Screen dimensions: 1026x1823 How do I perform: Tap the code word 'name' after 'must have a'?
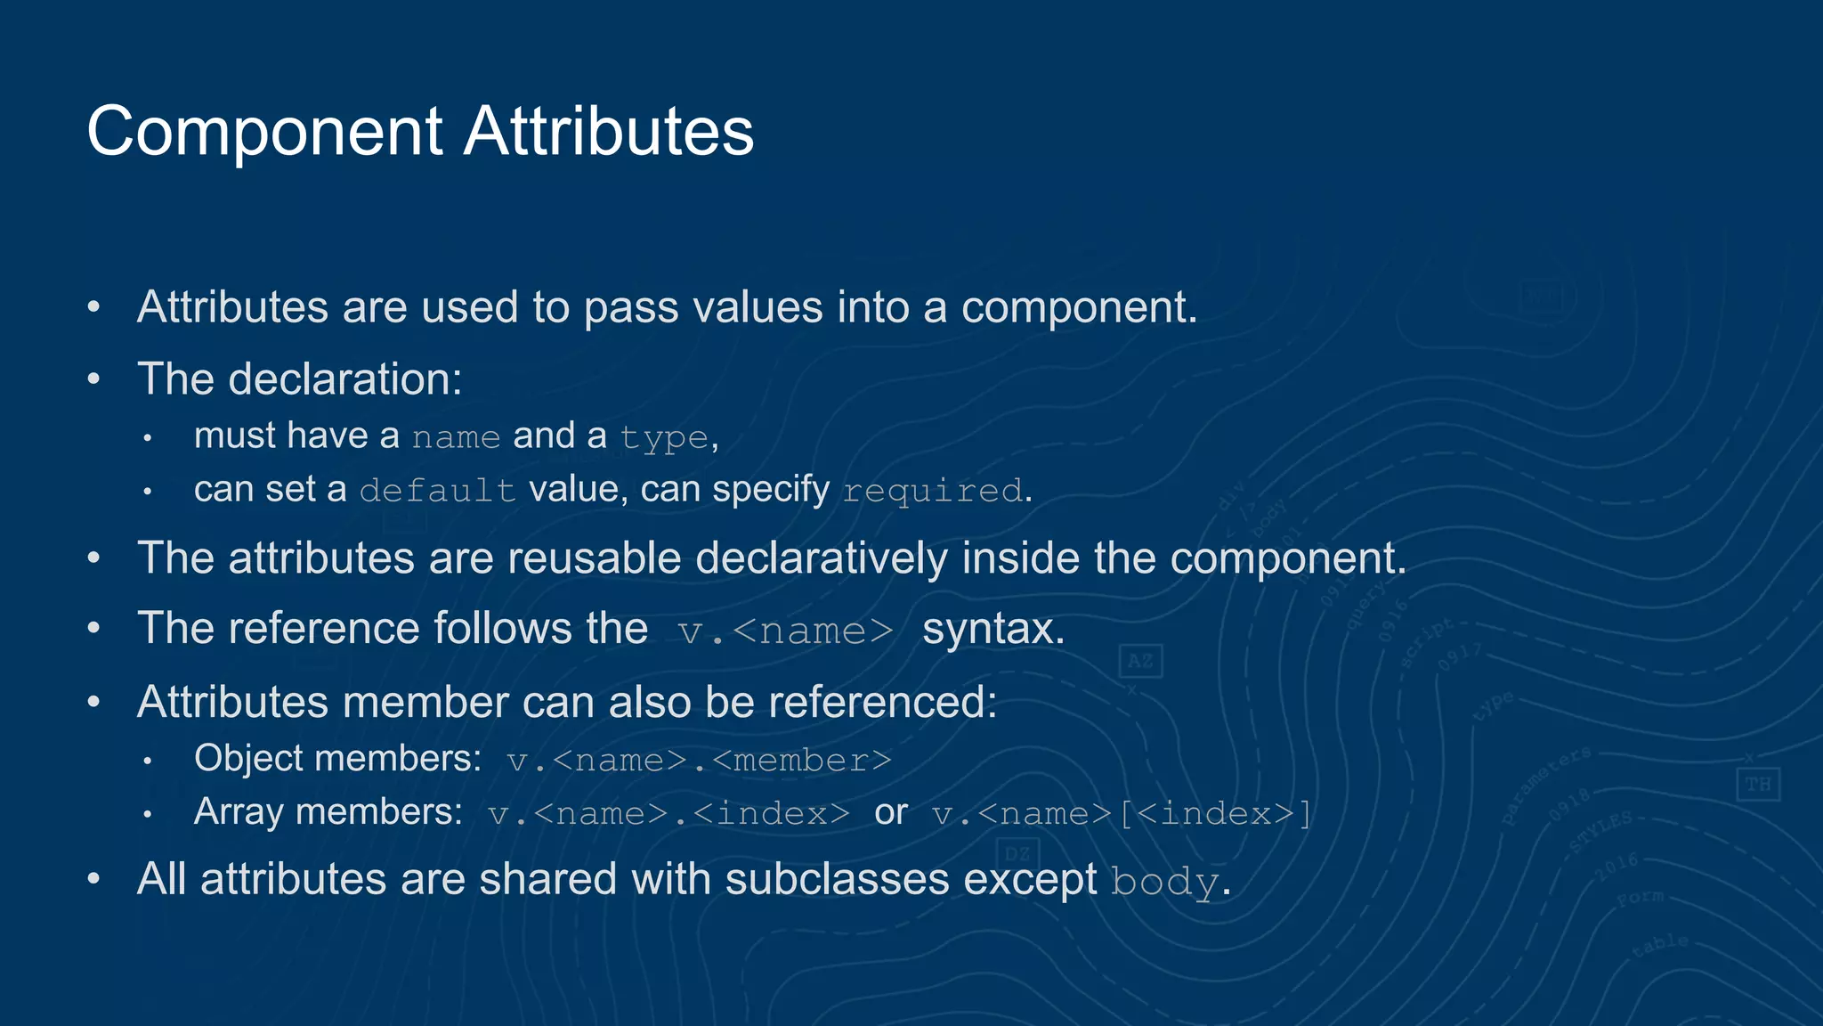pyautogui.click(x=456, y=437)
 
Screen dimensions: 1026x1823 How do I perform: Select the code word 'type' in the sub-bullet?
pyautogui.click(x=664, y=438)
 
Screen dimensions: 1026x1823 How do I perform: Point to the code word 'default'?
pyautogui.click(x=437, y=491)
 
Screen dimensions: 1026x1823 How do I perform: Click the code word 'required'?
pyautogui.click(x=933, y=491)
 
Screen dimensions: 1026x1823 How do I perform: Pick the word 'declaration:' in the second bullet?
pyautogui.click(x=345, y=379)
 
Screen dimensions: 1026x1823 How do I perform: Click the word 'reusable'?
pyautogui.click(x=594, y=558)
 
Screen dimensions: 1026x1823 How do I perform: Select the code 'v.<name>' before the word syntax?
pyautogui.click(x=785, y=631)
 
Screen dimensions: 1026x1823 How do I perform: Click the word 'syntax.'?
pyautogui.click(x=993, y=629)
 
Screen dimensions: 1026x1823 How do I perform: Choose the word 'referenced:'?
pyautogui.click(x=882, y=702)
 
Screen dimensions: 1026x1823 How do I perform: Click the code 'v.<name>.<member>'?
pyautogui.click(x=699, y=761)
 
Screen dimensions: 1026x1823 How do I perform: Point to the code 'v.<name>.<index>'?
pyautogui.click(x=668, y=814)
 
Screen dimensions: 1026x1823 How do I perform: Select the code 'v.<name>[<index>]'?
pyautogui.click(x=1121, y=814)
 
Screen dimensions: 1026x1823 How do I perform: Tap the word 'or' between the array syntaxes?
pyautogui.click(x=890, y=812)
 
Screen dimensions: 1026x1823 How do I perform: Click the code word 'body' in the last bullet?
pyautogui.click(x=1164, y=883)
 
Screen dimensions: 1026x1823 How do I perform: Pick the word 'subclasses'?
pyautogui.click(x=837, y=880)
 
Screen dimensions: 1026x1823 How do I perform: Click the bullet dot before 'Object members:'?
pyautogui.click(x=148, y=761)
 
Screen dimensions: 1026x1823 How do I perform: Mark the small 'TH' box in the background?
pyautogui.click(x=1757, y=784)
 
